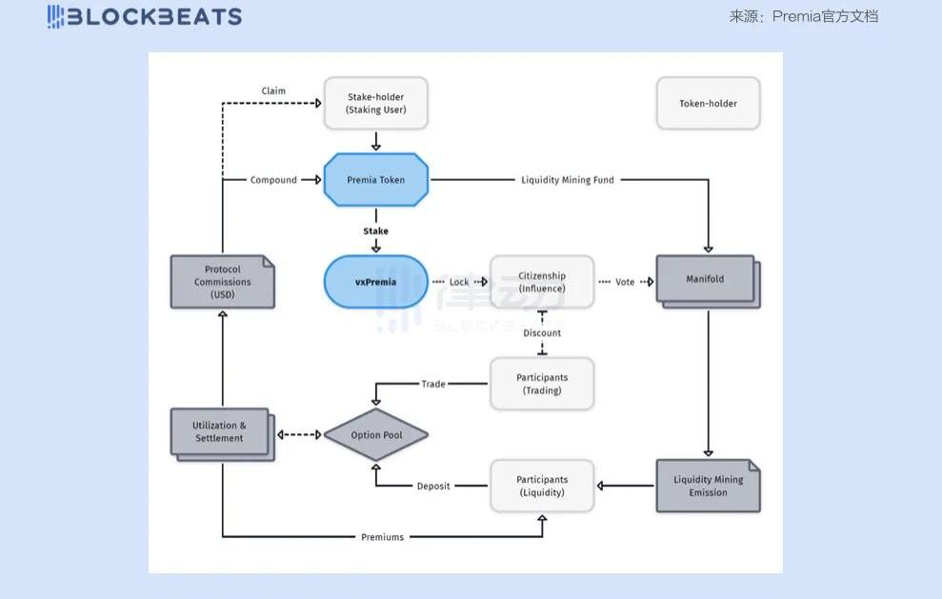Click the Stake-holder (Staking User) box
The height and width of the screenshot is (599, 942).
375,103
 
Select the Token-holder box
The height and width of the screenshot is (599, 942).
708,103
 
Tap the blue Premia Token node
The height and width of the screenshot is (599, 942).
375,180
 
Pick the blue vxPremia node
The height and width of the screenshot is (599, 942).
375,282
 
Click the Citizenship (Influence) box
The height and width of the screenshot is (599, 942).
541,282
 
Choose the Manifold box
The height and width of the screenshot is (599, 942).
706,280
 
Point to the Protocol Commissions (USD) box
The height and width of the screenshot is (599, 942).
222,282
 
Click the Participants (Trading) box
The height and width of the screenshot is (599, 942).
541,384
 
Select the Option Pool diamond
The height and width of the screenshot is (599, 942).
375,435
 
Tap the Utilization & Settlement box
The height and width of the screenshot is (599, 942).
220,432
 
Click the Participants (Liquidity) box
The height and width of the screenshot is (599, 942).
541,486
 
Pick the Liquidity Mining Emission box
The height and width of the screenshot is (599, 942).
708,486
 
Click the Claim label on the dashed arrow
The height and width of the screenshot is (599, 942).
273,91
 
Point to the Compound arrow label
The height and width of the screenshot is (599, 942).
273,180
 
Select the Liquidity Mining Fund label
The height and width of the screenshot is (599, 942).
568,180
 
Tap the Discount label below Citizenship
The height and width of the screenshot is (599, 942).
542,333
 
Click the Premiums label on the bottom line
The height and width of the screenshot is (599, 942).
382,537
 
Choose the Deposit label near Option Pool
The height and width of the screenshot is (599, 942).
433,487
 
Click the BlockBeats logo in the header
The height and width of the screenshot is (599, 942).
145,16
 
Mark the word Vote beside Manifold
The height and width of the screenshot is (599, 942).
625,282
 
